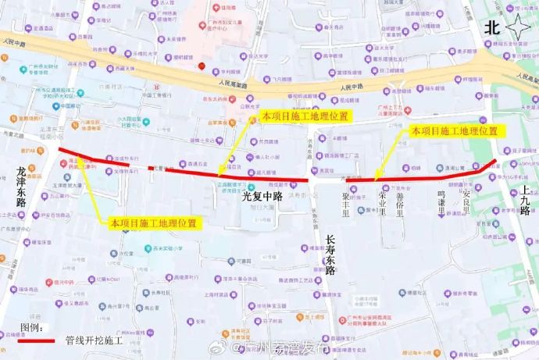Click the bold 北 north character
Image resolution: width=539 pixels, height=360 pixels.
pos(491,27)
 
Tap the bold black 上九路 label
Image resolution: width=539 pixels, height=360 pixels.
pos(525,199)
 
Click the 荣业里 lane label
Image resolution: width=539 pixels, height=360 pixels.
pos(383,202)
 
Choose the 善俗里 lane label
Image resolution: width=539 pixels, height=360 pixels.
pos(400,202)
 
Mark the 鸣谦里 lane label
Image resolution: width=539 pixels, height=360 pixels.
pos(442,198)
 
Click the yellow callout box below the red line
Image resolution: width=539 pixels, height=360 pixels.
pos(153,223)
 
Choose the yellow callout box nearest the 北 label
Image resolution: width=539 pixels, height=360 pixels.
pos(454,130)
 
